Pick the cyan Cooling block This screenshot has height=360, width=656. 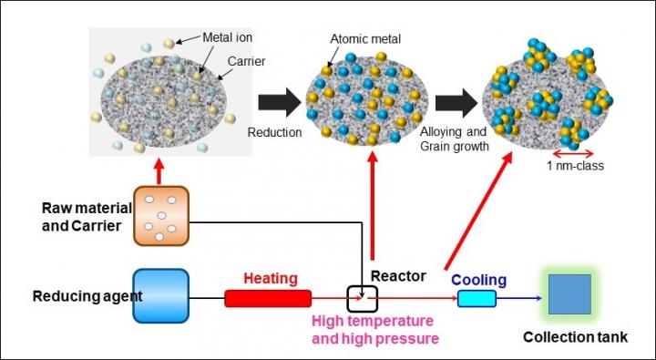pos(476,299)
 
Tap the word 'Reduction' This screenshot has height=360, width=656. pos(274,132)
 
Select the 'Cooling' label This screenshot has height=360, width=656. pos(475,281)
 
